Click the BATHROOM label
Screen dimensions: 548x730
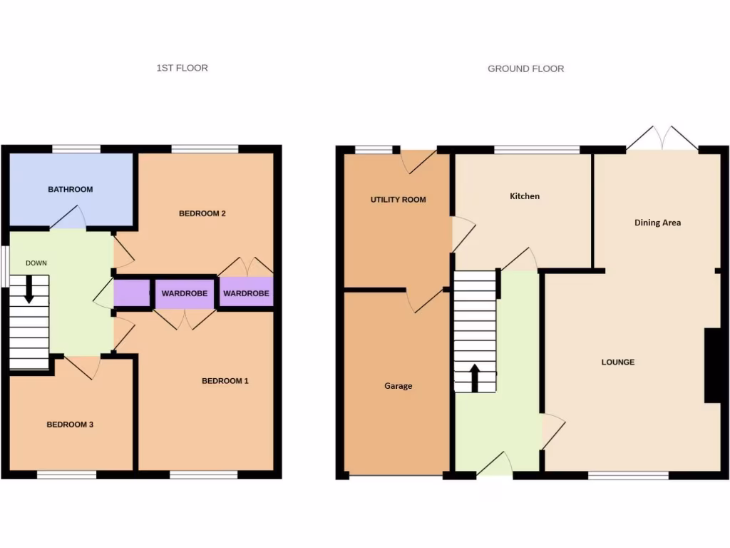click(71, 190)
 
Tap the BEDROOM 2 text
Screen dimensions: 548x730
click(202, 213)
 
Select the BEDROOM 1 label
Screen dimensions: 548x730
click(225, 381)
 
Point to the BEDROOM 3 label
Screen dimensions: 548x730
click(70, 425)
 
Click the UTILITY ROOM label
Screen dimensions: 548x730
click(398, 200)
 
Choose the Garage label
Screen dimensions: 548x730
click(398, 386)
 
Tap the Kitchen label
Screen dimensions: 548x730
click(525, 196)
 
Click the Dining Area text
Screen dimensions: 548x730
click(657, 223)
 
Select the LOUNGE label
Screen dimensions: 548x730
click(617, 362)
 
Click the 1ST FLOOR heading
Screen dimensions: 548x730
click(182, 68)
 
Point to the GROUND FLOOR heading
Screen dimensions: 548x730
click(525, 69)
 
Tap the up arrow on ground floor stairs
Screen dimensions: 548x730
click(474, 377)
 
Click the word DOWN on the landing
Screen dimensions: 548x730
click(36, 263)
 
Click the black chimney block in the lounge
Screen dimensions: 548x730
click(711, 365)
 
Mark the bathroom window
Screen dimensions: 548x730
click(76, 149)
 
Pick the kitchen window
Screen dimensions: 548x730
click(537, 150)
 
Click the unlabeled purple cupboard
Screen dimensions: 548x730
click(132, 293)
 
